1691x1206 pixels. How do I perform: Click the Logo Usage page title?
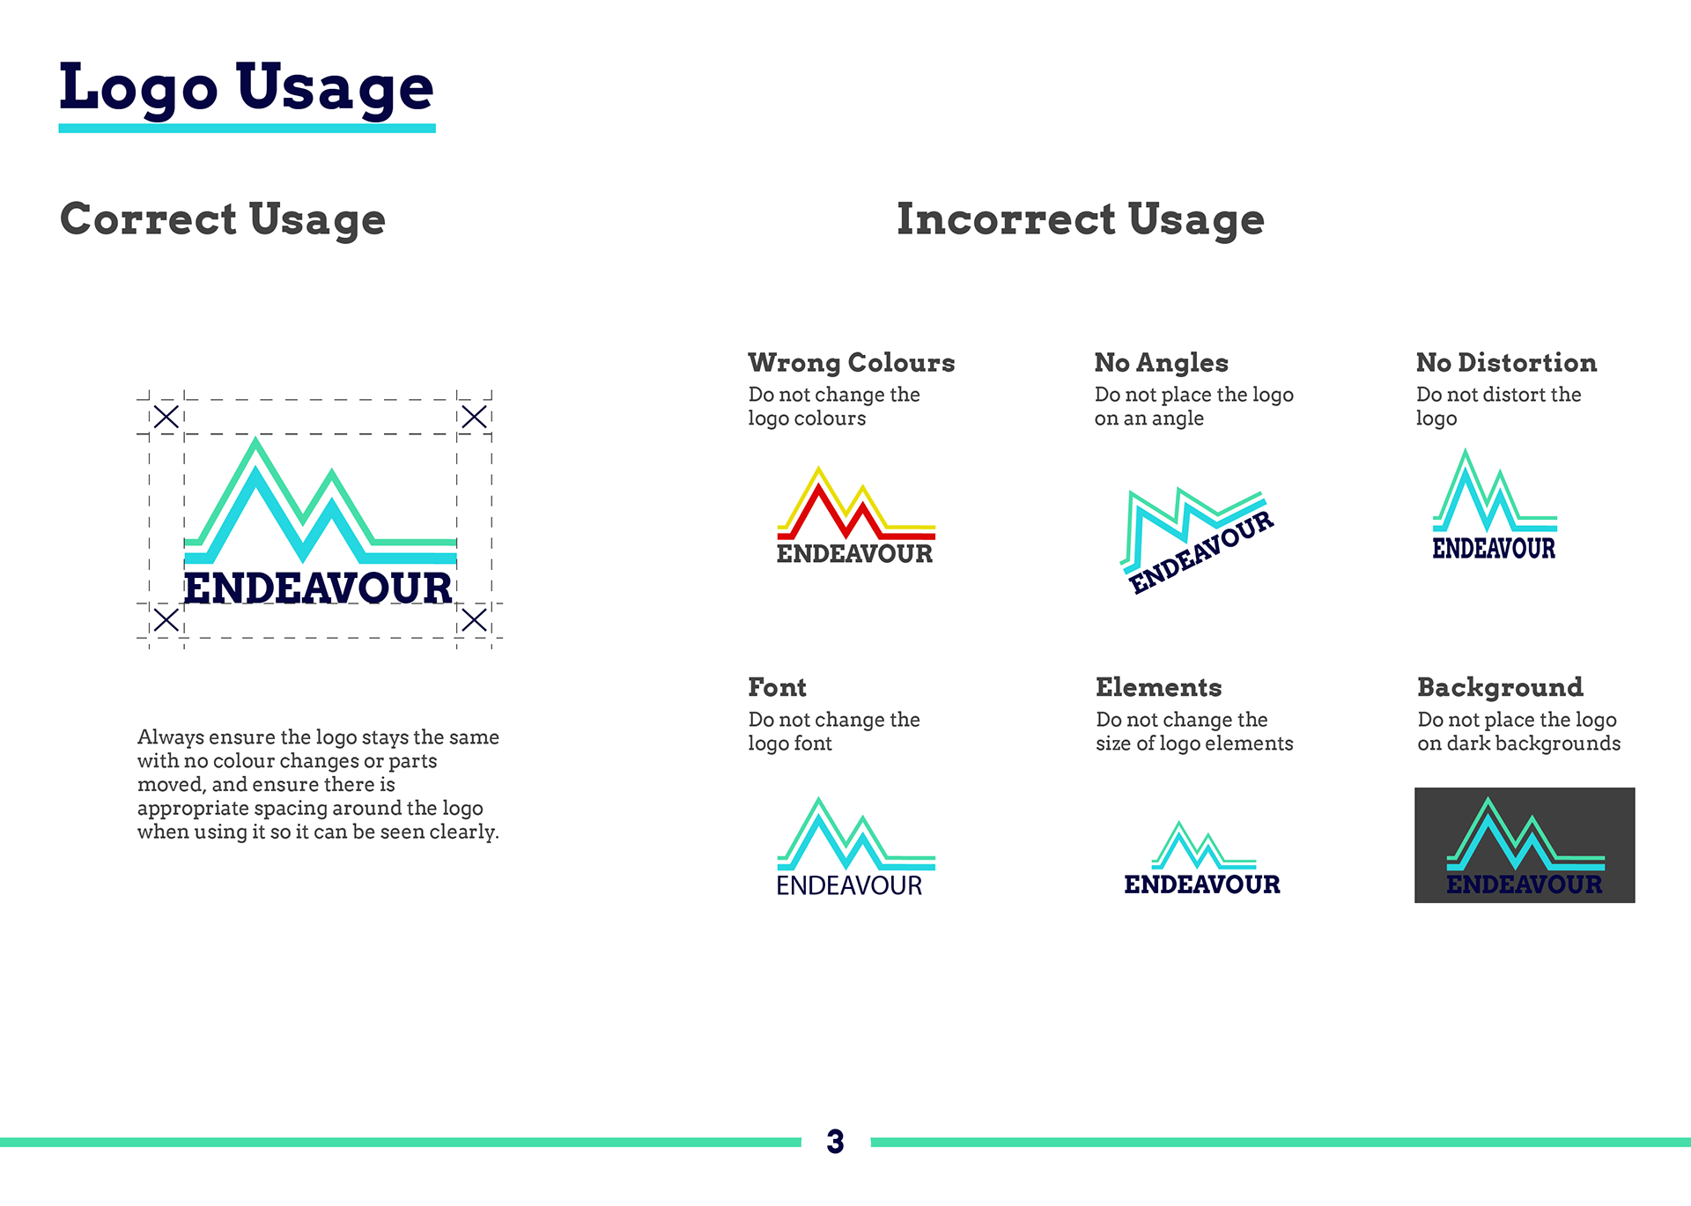(247, 88)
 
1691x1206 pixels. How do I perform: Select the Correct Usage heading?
(223, 219)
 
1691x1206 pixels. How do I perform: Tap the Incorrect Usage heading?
(1081, 219)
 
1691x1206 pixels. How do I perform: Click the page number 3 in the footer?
(835, 1142)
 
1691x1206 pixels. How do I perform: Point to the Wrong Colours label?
(852, 362)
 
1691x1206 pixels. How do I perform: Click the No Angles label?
(1162, 362)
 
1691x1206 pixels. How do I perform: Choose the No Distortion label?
(1507, 362)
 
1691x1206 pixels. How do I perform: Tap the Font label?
(777, 687)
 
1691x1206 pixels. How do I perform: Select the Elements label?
(1159, 687)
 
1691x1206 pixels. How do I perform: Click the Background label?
(1501, 687)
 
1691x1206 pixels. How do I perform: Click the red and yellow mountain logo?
(855, 515)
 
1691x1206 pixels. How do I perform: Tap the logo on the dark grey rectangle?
(1525, 847)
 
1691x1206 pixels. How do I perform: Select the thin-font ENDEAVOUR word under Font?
(849, 885)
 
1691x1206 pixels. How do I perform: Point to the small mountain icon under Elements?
(1204, 846)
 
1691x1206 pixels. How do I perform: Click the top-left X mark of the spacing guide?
(166, 417)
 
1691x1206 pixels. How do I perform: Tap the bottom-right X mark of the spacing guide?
(474, 620)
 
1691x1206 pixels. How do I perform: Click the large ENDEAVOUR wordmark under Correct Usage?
(318, 588)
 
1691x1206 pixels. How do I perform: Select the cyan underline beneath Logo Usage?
(247, 129)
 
